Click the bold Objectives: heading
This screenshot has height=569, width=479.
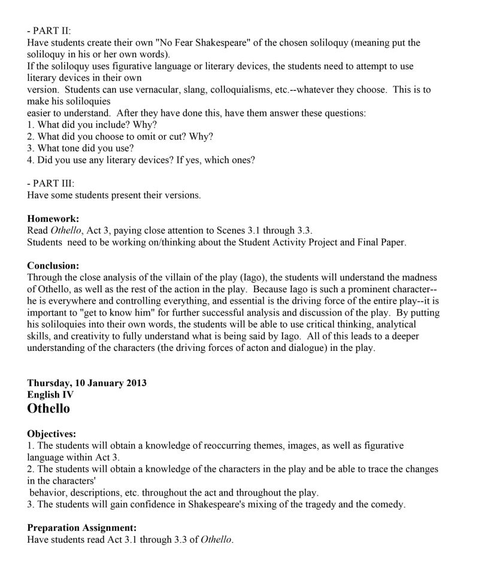click(51, 434)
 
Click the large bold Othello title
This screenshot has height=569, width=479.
click(48, 409)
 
